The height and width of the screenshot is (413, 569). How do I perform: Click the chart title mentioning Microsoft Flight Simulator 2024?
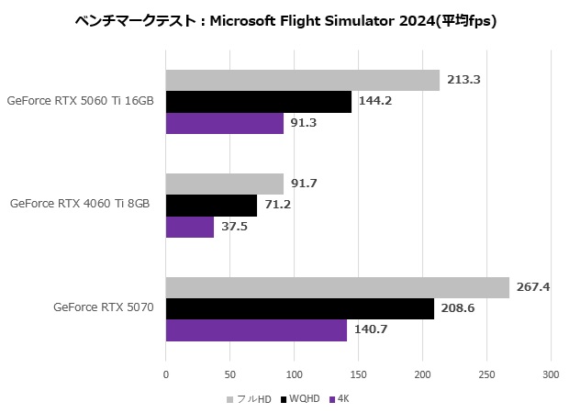(285, 21)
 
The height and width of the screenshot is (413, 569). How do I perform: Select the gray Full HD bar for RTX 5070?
(337, 287)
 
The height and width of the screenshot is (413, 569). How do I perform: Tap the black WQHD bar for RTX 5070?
(299, 309)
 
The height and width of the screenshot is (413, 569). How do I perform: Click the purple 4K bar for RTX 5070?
(256, 330)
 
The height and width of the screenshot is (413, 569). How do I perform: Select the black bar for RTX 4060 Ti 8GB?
(211, 205)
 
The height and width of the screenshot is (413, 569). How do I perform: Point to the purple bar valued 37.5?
(189, 227)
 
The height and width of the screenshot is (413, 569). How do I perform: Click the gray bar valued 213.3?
(302, 80)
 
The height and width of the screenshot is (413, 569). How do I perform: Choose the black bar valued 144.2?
(258, 101)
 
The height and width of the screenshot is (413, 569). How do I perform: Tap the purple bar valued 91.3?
(224, 123)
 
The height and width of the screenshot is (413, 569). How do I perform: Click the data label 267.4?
(533, 287)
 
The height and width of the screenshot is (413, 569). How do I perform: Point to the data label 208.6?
(458, 309)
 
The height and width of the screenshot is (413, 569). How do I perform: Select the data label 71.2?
(278, 205)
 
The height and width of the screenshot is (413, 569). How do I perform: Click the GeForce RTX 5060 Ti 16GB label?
(79, 101)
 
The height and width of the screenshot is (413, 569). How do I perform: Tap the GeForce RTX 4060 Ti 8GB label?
(80, 205)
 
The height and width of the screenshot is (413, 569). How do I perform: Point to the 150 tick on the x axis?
(358, 375)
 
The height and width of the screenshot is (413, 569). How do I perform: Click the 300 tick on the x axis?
(550, 375)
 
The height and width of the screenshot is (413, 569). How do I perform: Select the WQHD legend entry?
(303, 399)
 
